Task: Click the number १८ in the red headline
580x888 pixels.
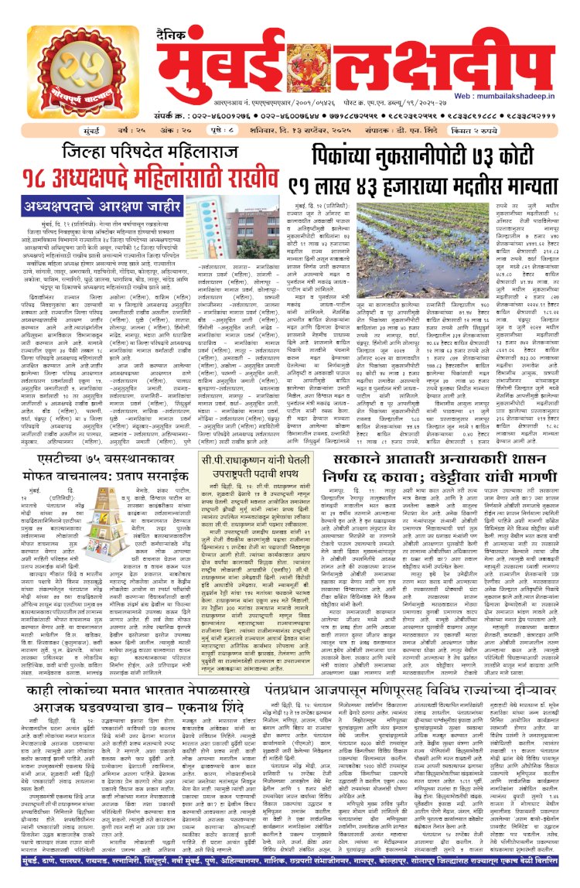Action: (x=43, y=179)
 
